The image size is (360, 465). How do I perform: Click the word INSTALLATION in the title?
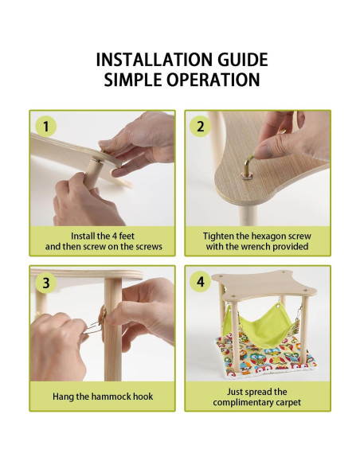pyautogui.click(x=155, y=59)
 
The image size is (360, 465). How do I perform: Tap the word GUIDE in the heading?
pyautogui.click(x=243, y=59)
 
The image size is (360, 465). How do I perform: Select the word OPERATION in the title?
pyautogui.click(x=213, y=80)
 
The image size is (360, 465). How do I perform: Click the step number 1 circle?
pyautogui.click(x=45, y=126)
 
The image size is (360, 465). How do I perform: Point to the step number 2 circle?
pyautogui.click(x=201, y=126)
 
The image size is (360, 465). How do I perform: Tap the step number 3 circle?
pyautogui.click(x=45, y=282)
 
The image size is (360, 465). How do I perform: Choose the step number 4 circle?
pyautogui.click(x=201, y=281)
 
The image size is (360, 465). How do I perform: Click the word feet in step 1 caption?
pyautogui.click(x=127, y=236)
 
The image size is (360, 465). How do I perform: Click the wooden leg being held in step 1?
pyautogui.click(x=92, y=174)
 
